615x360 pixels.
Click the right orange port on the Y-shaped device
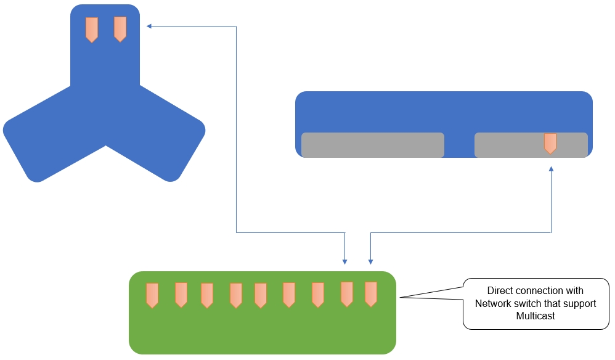(120, 29)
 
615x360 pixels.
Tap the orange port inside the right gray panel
(550, 143)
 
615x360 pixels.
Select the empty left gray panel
(372, 145)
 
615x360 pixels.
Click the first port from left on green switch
(152, 295)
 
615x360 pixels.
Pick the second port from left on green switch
(181, 295)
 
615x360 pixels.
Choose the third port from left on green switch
(207, 295)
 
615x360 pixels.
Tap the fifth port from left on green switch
(261, 295)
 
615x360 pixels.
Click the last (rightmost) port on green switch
(370, 294)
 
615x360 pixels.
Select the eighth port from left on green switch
(347, 294)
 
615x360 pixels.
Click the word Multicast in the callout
(536, 316)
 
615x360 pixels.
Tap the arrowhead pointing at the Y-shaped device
(149, 26)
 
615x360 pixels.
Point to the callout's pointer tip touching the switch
(401, 298)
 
